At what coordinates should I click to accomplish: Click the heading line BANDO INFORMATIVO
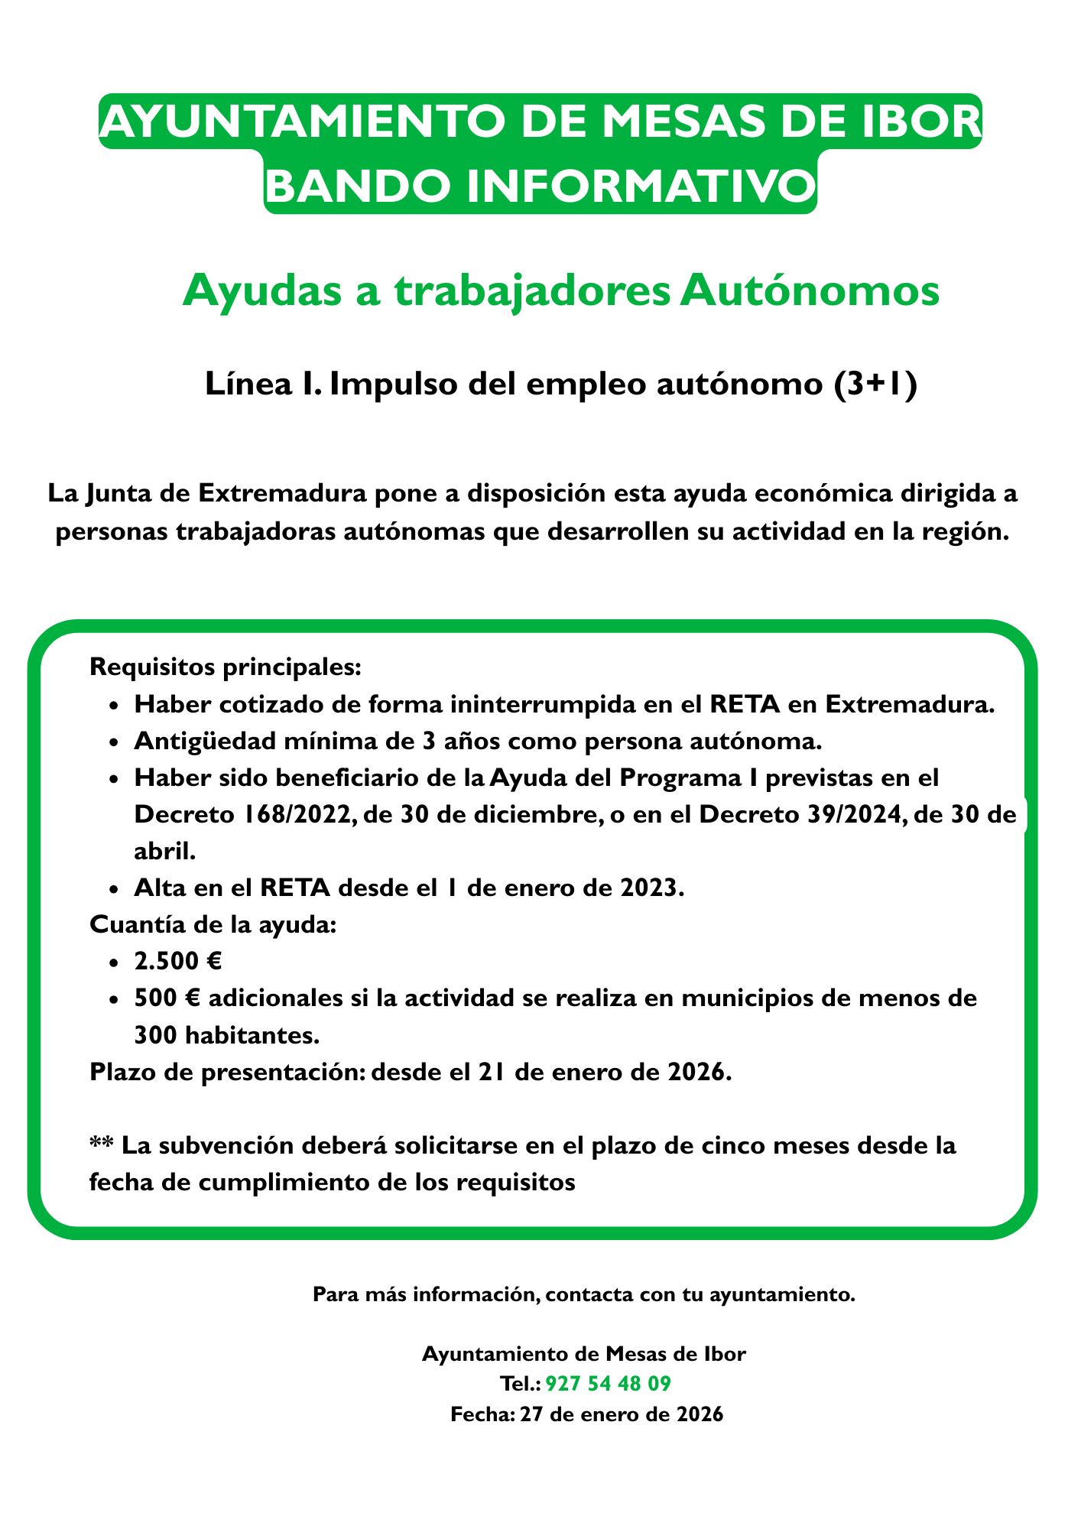(540, 186)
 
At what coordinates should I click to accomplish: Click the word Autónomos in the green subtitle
(809, 291)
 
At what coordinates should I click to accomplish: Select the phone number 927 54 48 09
(609, 1405)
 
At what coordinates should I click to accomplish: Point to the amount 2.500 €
(177, 961)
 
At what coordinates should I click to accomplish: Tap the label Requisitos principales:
(225, 667)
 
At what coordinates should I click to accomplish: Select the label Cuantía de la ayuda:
(213, 924)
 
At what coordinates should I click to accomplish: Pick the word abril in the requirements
(164, 850)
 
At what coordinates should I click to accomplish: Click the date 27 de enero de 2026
(621, 1436)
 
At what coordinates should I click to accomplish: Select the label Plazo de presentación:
(227, 1072)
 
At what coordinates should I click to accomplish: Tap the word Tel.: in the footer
(520, 1405)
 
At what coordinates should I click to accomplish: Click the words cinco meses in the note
(777, 1146)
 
